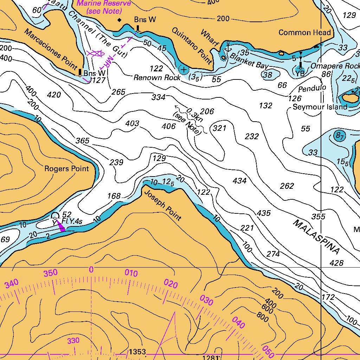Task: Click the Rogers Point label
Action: pos(66,169)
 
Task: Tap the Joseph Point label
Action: pos(163,206)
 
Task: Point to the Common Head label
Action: pos(305,33)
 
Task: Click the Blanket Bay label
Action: pos(249,61)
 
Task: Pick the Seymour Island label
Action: pos(320,107)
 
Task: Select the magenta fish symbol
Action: pos(95,53)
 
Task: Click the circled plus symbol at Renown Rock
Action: pos(183,70)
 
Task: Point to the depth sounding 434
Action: pos(239,181)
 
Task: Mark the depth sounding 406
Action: pos(169,126)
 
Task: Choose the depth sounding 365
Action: pos(83,141)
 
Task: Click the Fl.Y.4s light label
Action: pos(72,221)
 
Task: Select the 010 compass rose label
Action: pos(131,273)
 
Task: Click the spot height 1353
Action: pos(137,352)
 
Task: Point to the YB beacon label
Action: pos(300,73)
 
